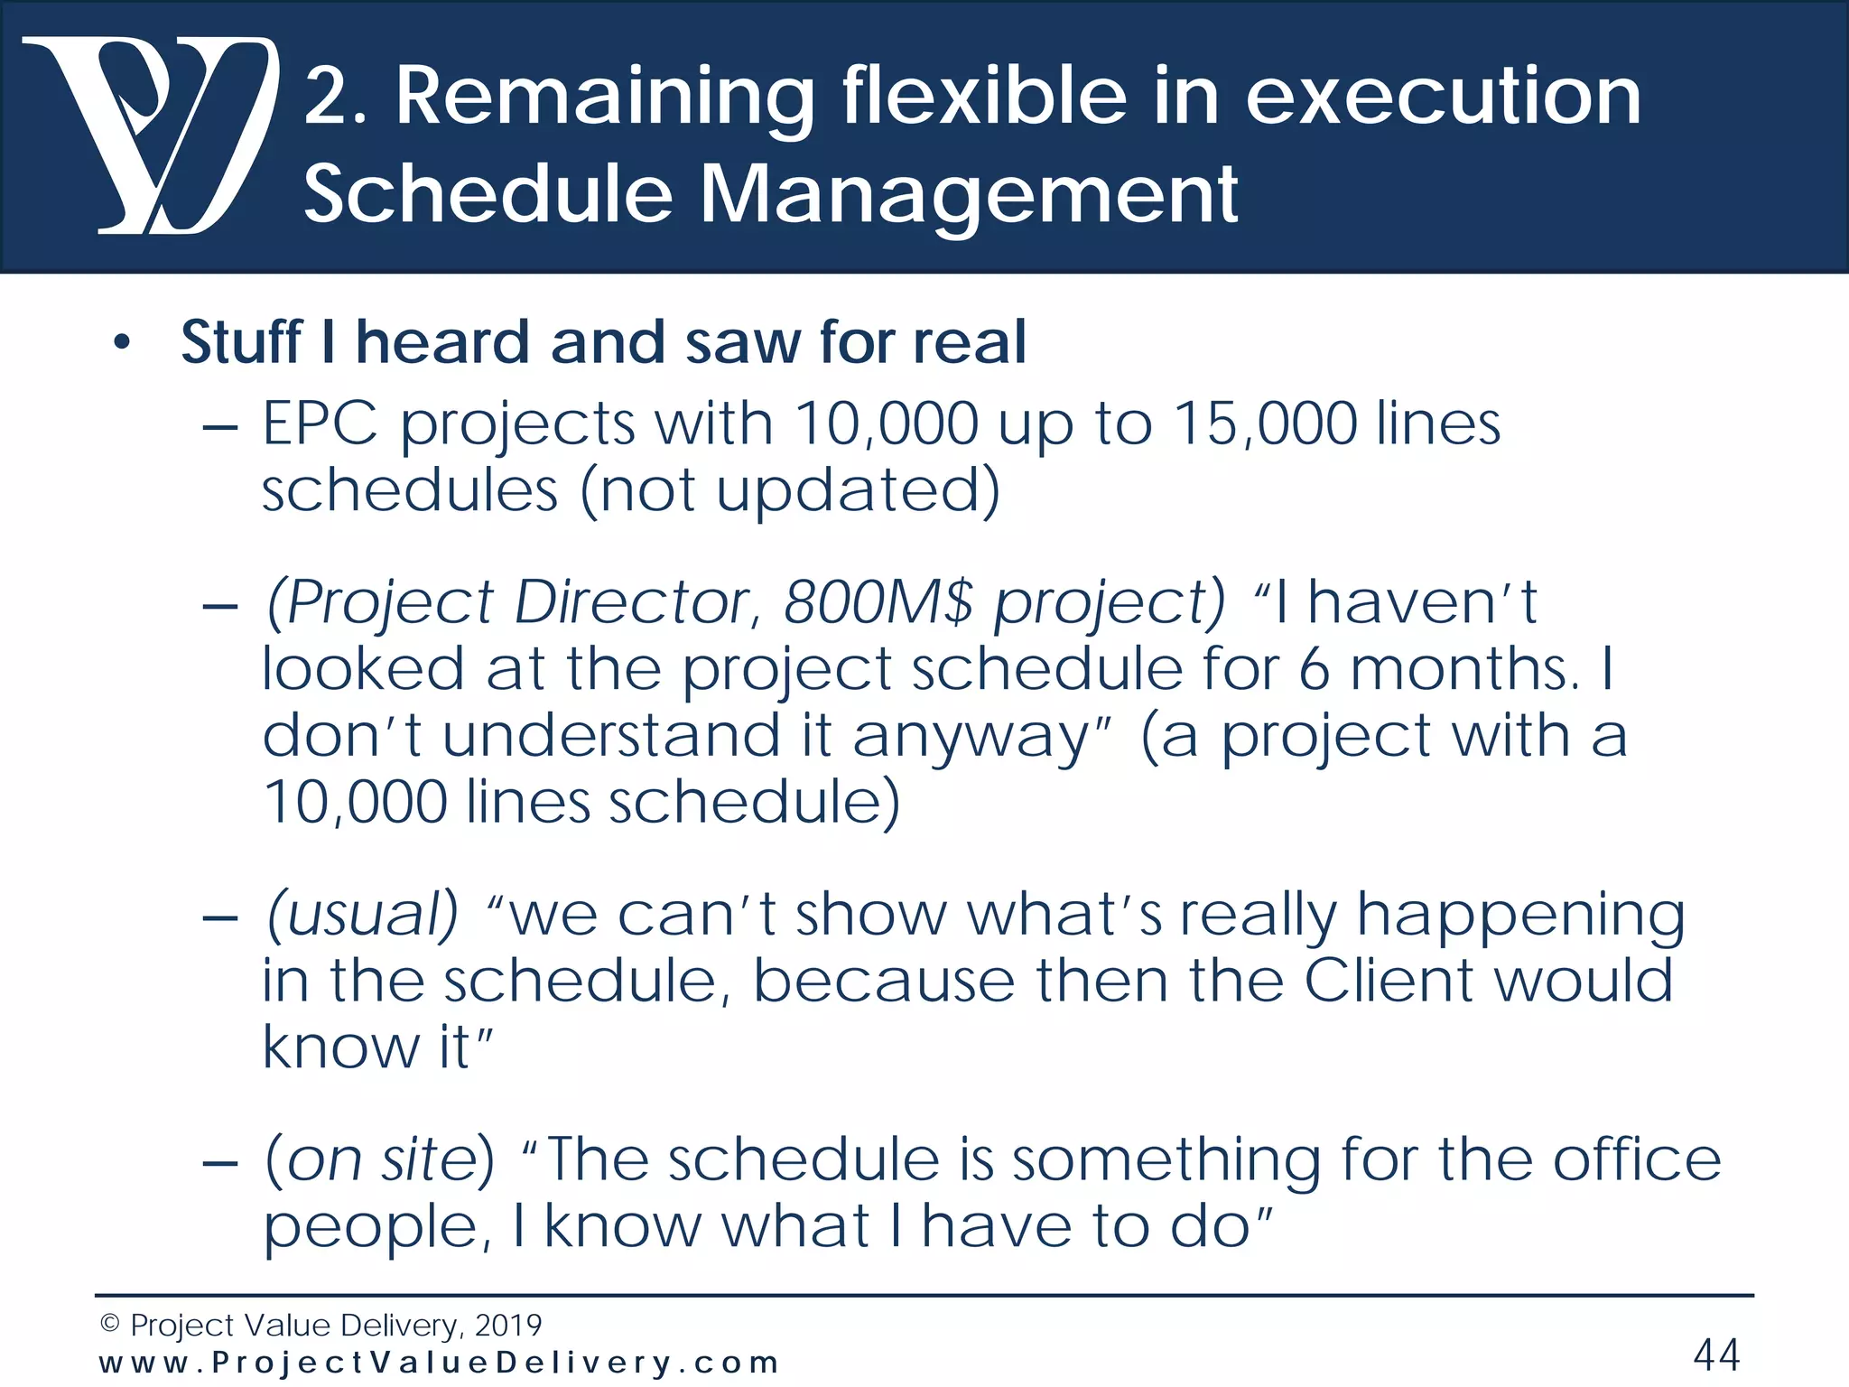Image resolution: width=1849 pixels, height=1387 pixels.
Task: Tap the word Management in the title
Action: pyautogui.click(x=968, y=193)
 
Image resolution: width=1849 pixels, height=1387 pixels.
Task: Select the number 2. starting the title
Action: pyautogui.click(x=335, y=98)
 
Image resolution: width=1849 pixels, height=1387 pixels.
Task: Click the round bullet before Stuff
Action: pyautogui.click(x=122, y=344)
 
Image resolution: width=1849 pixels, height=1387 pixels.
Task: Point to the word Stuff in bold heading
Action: pyautogui.click(x=241, y=342)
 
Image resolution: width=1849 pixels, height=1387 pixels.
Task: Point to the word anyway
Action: pyautogui.click(x=971, y=736)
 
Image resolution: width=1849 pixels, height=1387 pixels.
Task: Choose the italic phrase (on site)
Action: pyautogui.click(x=379, y=1159)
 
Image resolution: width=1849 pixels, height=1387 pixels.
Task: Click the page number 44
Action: pyautogui.click(x=1716, y=1354)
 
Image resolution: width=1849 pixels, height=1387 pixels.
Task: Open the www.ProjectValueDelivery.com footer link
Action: pyautogui.click(x=439, y=1363)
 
